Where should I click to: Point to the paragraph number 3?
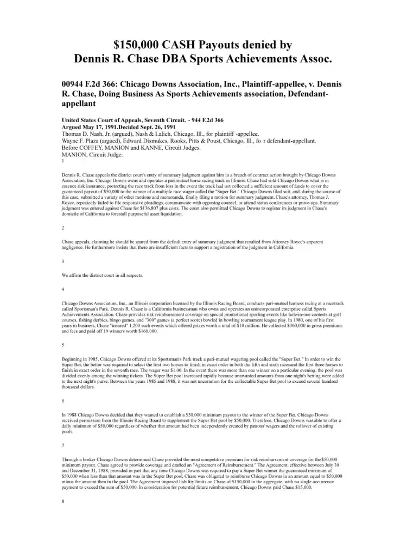63,261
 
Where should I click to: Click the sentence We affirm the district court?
103,275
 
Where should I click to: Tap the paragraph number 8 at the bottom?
63,501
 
